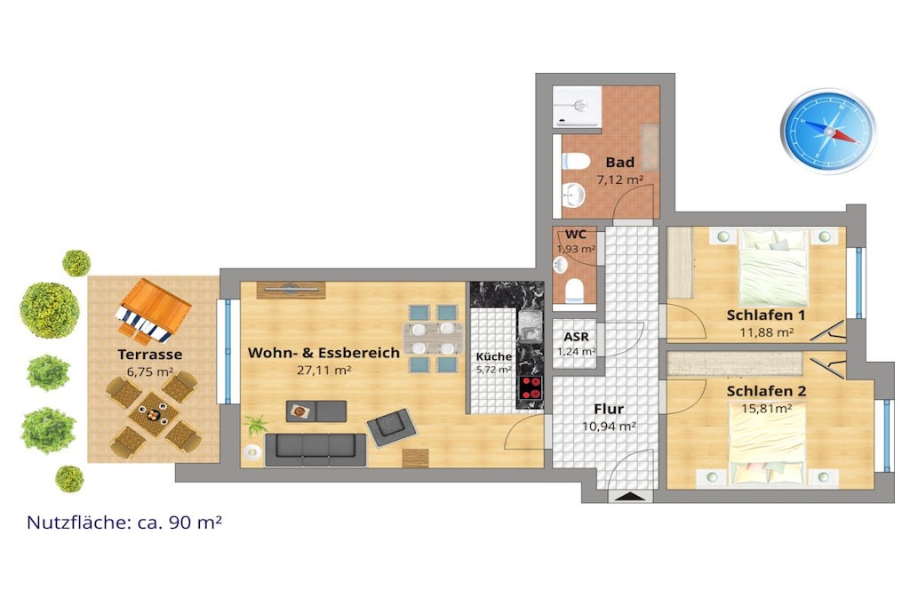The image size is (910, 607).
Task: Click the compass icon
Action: point(828,132)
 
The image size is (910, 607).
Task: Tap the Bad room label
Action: point(619,163)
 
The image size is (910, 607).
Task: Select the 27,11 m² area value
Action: point(323,371)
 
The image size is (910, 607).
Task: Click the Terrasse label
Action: point(149,354)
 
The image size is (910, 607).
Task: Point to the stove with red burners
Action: point(531,387)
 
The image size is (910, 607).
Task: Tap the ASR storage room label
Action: point(576,337)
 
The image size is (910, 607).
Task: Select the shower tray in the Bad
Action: point(577,106)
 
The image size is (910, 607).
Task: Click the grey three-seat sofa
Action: point(315,449)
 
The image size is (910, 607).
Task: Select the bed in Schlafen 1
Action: point(773,268)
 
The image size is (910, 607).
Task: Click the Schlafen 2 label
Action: point(766,392)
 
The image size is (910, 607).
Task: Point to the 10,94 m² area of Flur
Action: point(609,427)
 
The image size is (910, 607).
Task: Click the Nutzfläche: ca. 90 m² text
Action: point(124,523)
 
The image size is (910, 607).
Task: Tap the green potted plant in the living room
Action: point(255,425)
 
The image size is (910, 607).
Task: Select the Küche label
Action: point(494,357)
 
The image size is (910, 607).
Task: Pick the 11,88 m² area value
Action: point(766,332)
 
